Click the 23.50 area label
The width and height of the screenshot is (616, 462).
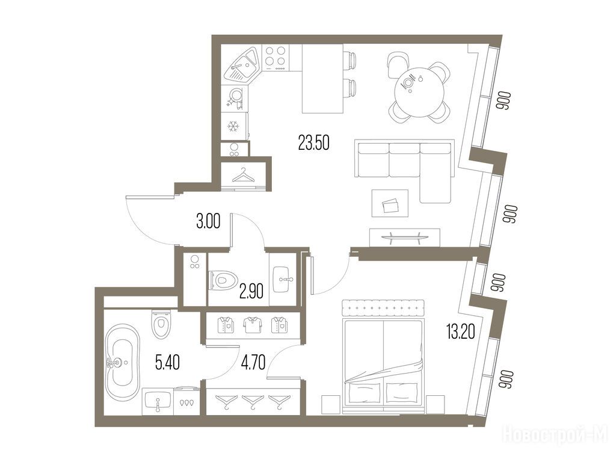pyautogui.click(x=313, y=143)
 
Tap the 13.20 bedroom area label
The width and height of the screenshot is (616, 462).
pyautogui.click(x=460, y=331)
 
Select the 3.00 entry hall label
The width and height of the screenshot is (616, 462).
pyautogui.click(x=208, y=221)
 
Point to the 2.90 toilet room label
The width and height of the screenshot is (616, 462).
pyautogui.click(x=251, y=291)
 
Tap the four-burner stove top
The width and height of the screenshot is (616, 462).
pyautogui.click(x=276, y=58)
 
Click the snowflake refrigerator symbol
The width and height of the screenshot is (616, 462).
pyautogui.click(x=234, y=126)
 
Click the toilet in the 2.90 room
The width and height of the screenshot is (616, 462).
pyautogui.click(x=223, y=280)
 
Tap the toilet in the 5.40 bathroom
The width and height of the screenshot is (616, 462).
pyautogui.click(x=161, y=324)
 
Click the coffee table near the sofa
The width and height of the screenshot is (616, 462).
pyautogui.click(x=390, y=203)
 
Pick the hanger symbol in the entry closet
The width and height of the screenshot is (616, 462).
pyautogui.click(x=244, y=175)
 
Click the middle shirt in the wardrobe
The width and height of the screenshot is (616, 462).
pyautogui.click(x=251, y=325)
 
